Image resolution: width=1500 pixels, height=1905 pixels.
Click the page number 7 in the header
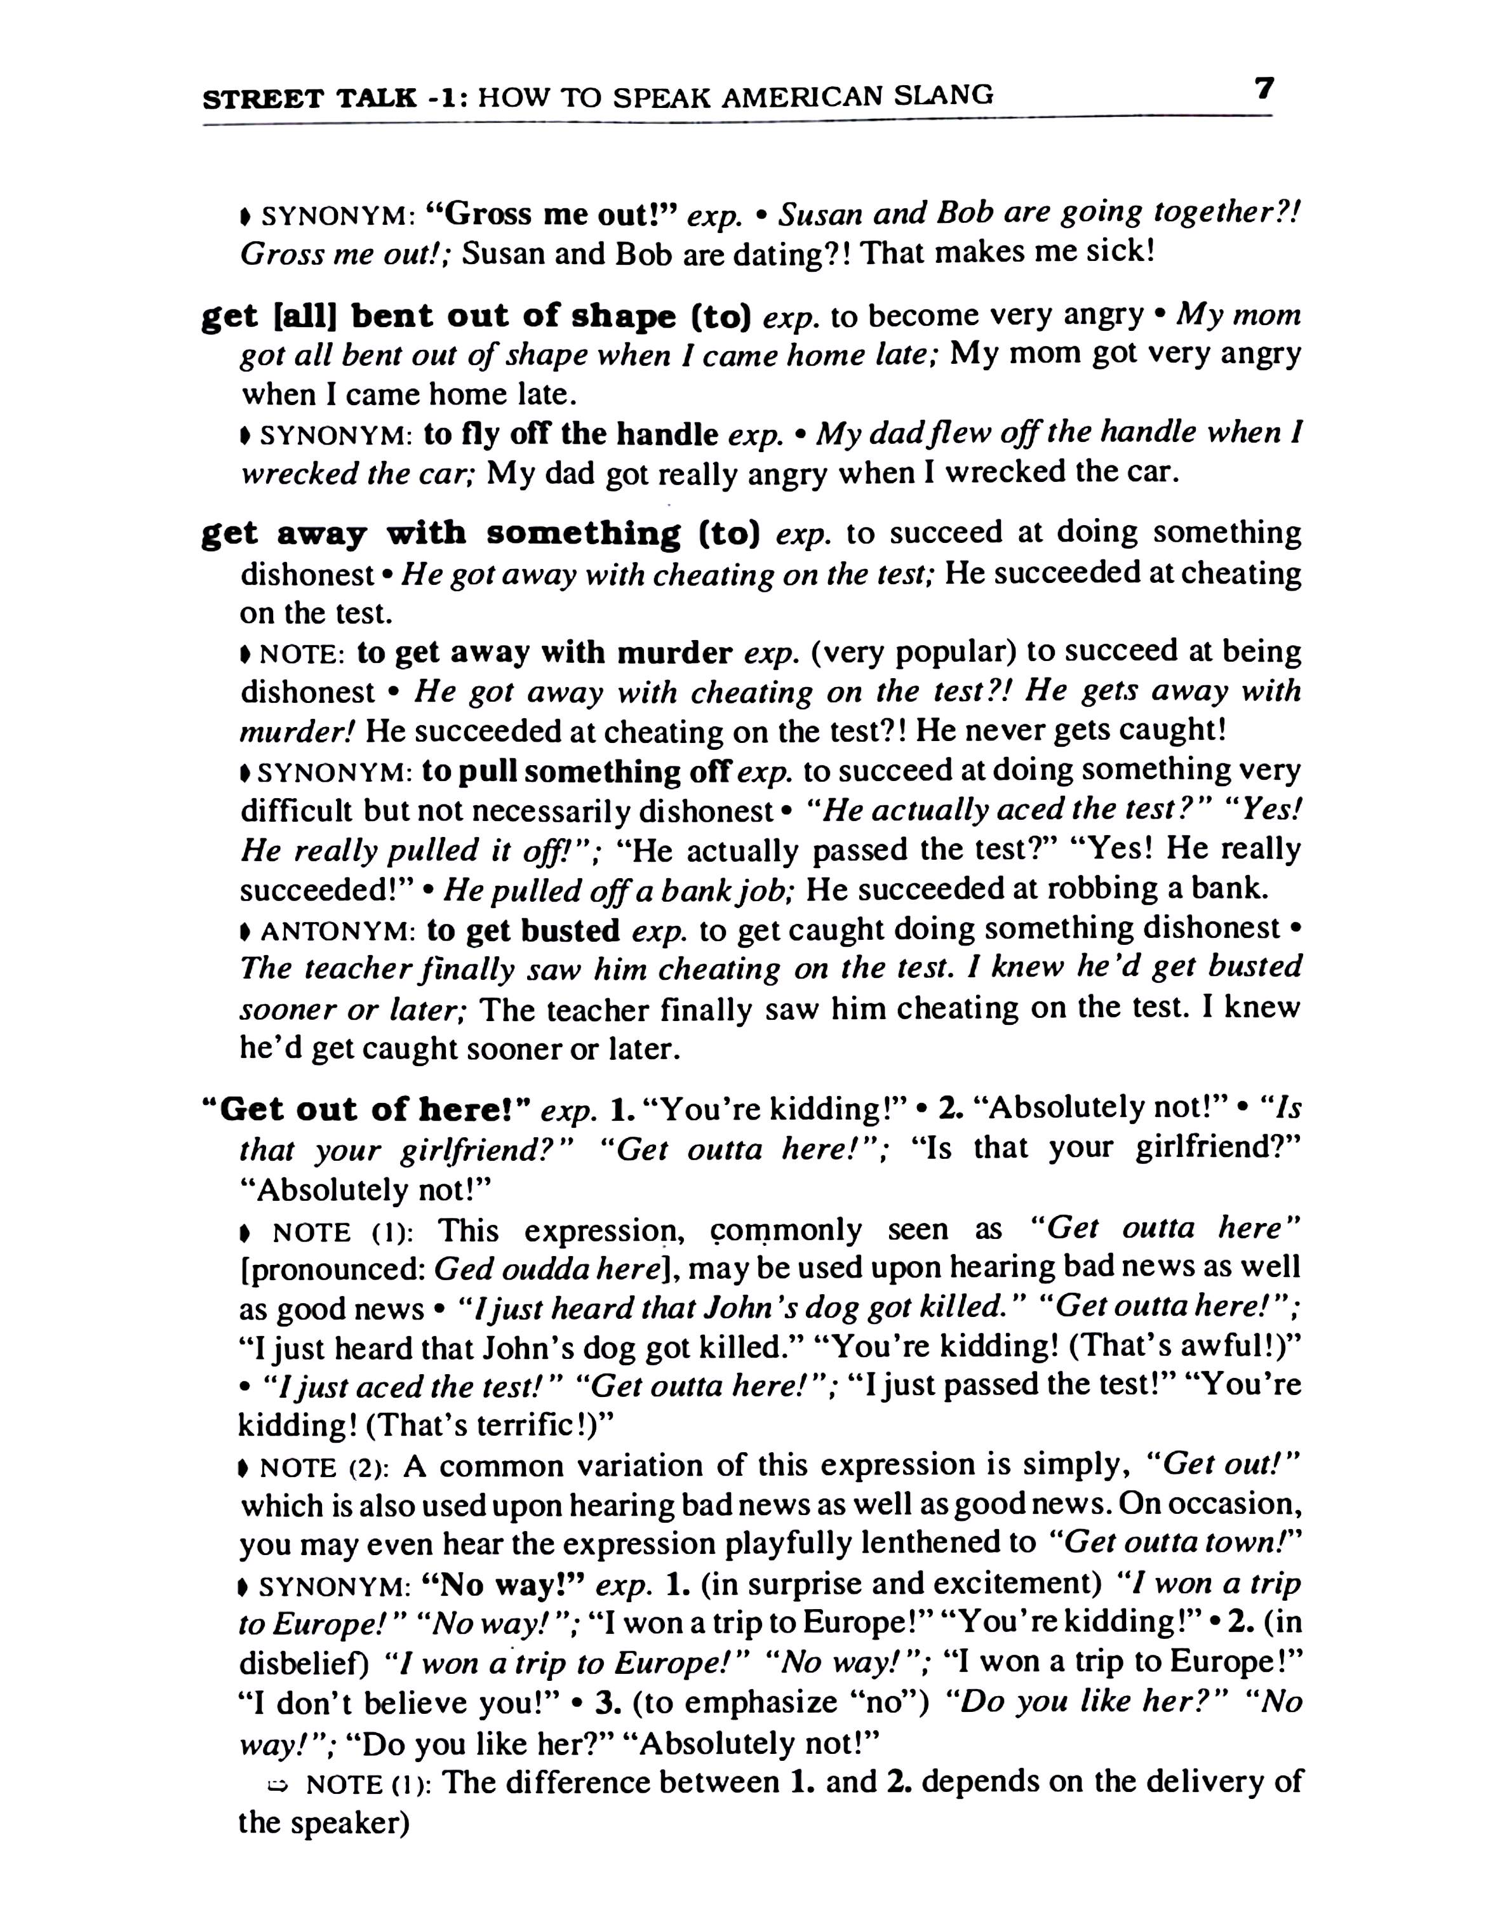(1263, 90)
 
